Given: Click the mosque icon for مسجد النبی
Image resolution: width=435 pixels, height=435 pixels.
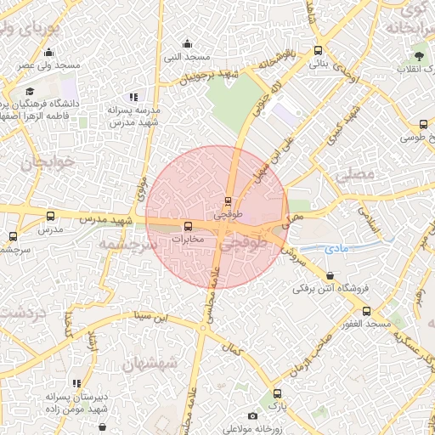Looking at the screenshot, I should (x=188, y=44).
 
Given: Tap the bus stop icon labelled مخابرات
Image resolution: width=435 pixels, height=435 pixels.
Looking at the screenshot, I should (x=189, y=227).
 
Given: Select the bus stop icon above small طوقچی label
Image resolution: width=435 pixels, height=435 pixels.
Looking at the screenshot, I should (x=227, y=201).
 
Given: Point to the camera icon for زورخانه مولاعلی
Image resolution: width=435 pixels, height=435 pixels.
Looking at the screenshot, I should (x=252, y=415).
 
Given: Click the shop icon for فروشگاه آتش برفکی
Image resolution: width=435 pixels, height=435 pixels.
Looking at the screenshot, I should (x=330, y=275).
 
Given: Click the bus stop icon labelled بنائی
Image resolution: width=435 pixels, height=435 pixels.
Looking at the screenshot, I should (x=318, y=50).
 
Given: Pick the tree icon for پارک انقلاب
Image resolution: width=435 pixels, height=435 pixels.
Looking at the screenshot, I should (x=418, y=57).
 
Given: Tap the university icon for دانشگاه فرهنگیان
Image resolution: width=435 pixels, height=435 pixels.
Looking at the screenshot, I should (x=31, y=91).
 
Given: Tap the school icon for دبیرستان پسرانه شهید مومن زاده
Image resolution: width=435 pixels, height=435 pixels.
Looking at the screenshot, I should (x=77, y=383).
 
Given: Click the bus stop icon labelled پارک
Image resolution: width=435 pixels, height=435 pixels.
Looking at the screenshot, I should (x=277, y=393).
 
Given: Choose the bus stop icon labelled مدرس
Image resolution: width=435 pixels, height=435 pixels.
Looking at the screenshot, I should (x=50, y=217).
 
